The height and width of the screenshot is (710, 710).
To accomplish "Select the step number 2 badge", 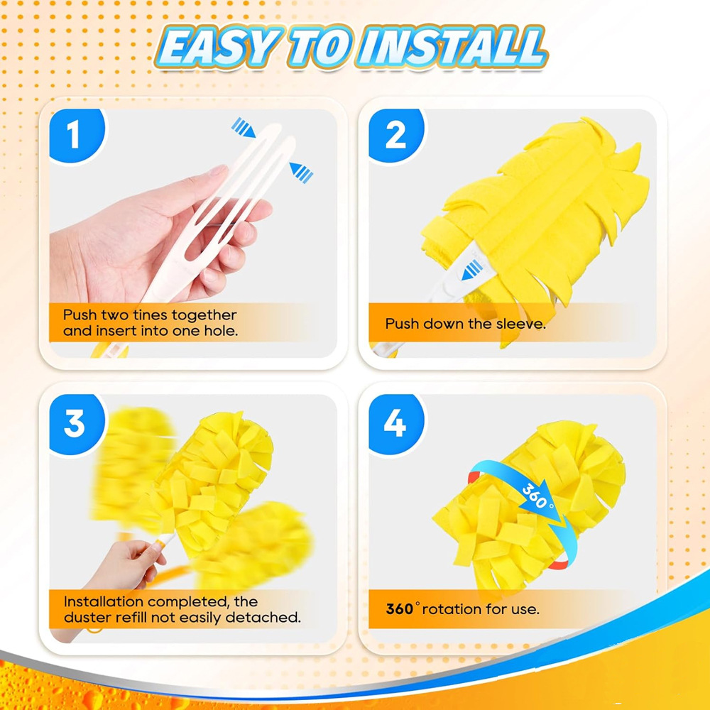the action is tap(395, 135).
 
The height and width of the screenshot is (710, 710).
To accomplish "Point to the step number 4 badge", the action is tap(395, 424).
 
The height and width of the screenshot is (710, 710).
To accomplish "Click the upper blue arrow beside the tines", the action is tap(243, 128).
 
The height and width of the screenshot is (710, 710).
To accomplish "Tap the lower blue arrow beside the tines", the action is tap(301, 172).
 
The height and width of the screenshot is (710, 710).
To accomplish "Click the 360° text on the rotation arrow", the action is tap(537, 496).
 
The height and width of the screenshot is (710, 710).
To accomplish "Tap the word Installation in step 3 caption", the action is tap(104, 601).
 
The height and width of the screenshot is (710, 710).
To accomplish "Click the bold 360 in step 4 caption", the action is tap(399, 609).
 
